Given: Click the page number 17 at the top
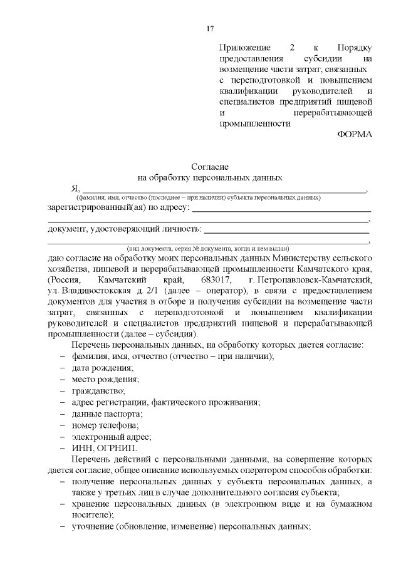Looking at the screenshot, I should [211, 28].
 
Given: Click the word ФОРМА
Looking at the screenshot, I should [355, 135].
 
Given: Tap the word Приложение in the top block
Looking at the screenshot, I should [246, 48].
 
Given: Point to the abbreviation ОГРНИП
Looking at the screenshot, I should [117, 449].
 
